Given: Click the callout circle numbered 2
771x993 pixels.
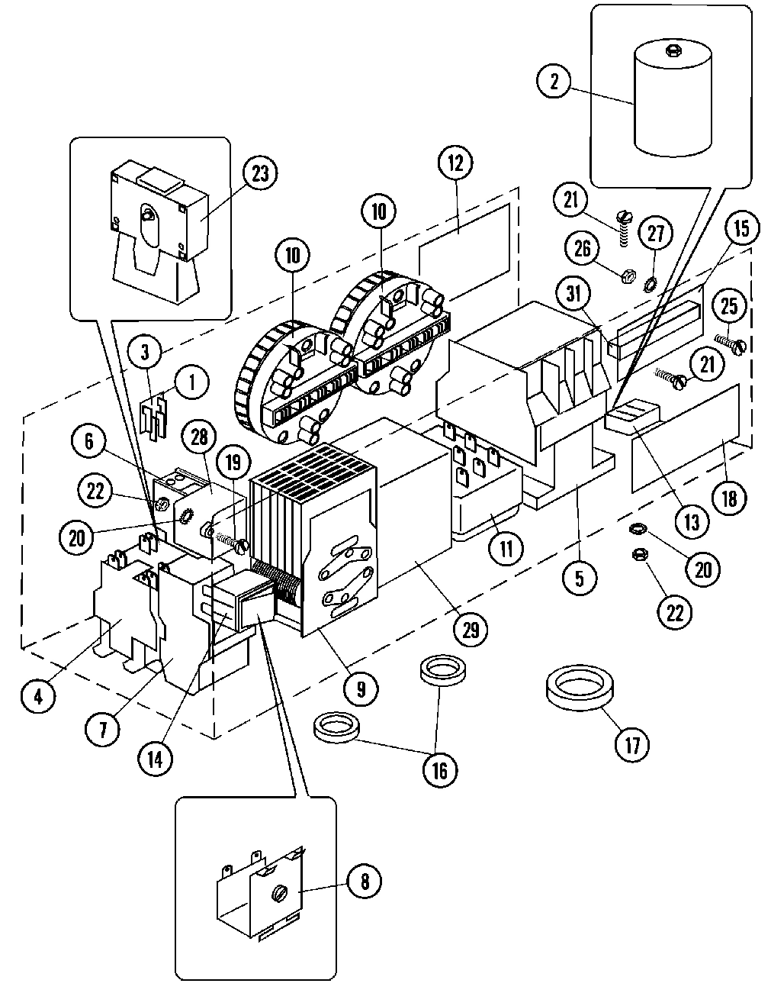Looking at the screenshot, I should [554, 81].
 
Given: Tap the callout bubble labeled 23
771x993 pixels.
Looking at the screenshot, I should [260, 172].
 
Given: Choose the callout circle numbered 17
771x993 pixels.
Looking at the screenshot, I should [632, 743].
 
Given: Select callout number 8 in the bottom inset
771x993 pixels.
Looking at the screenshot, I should [364, 882].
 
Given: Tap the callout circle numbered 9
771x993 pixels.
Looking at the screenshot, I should [359, 689].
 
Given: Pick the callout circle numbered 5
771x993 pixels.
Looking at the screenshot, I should [580, 578].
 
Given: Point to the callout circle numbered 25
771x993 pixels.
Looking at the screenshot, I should [729, 306].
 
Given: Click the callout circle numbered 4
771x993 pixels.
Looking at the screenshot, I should [37, 696].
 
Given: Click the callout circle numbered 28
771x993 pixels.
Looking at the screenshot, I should [199, 437].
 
